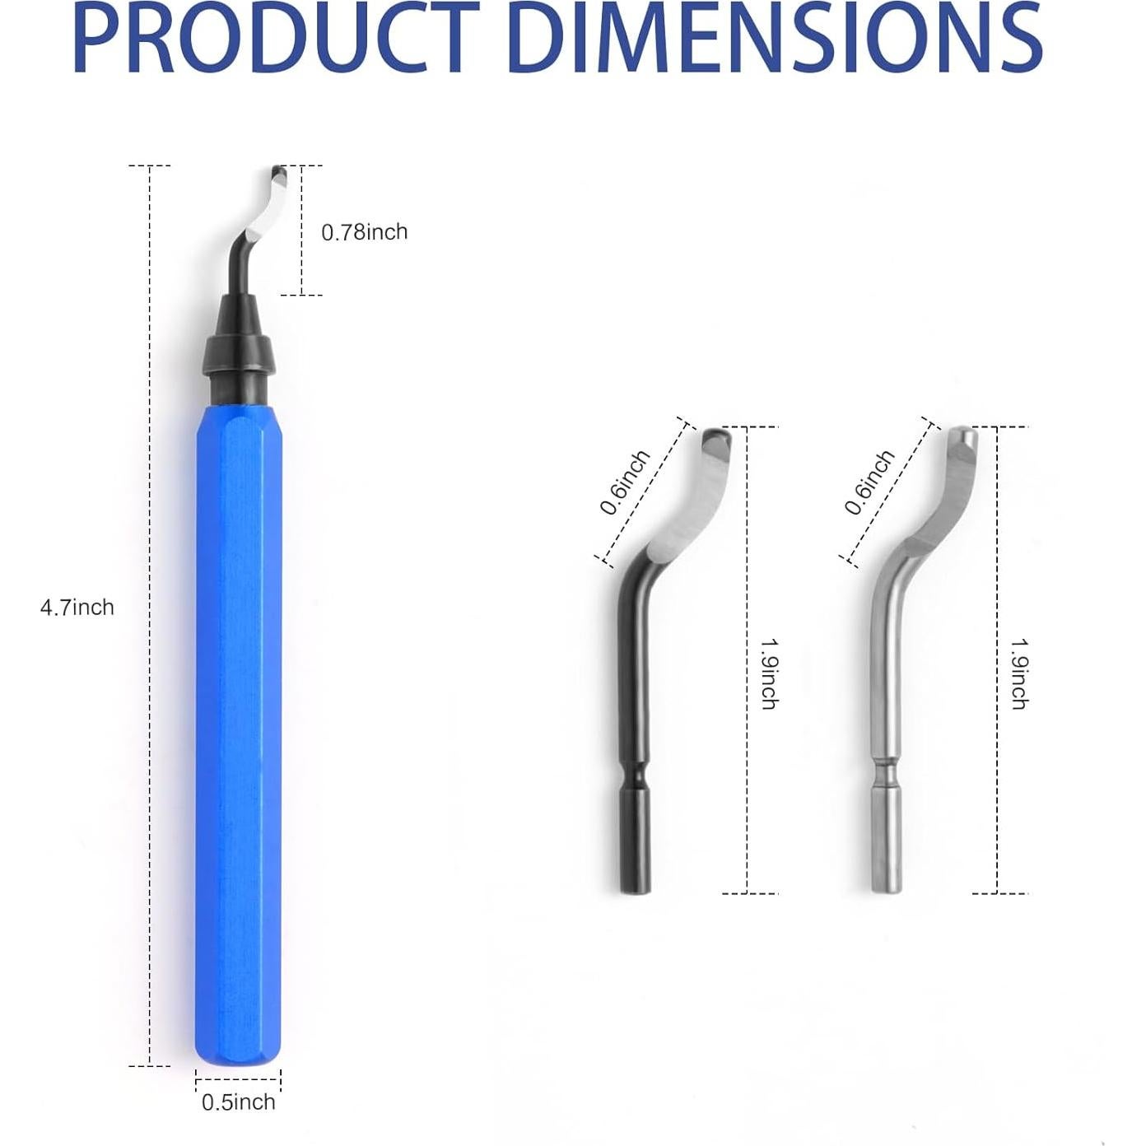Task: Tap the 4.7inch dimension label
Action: point(77,608)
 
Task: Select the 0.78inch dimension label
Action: point(364,231)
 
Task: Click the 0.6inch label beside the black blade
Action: point(624,482)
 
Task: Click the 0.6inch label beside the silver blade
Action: point(869,482)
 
